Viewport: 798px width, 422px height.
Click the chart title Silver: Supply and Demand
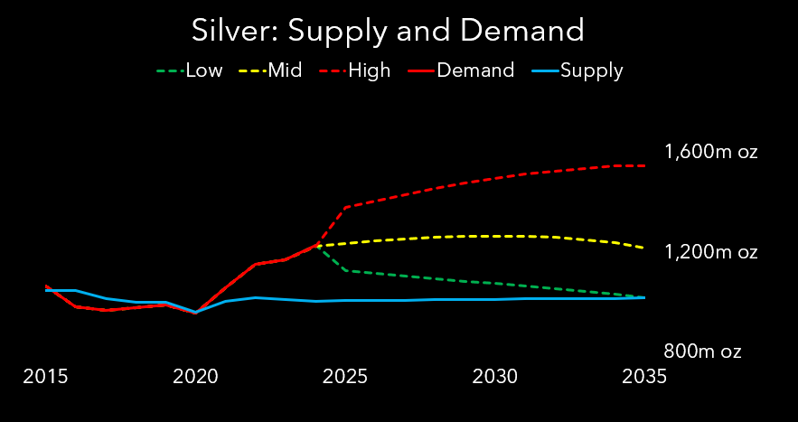(x=388, y=31)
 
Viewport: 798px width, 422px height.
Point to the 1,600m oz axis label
(x=710, y=152)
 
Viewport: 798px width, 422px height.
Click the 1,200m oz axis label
(x=710, y=251)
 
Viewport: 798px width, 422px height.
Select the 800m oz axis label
(x=703, y=352)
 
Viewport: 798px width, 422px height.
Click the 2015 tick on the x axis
(x=46, y=376)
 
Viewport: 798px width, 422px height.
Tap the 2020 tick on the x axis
(x=196, y=376)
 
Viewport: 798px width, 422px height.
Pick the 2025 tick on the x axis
(x=346, y=376)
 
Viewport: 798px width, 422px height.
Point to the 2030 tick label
(x=495, y=376)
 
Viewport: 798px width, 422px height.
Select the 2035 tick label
(x=644, y=376)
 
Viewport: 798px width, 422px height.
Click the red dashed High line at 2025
(x=346, y=207)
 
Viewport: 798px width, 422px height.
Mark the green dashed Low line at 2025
(x=346, y=270)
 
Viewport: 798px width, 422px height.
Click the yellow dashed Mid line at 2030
(x=495, y=236)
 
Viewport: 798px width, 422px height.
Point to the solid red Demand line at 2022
(x=256, y=264)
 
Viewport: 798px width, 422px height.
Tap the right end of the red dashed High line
(x=644, y=165)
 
